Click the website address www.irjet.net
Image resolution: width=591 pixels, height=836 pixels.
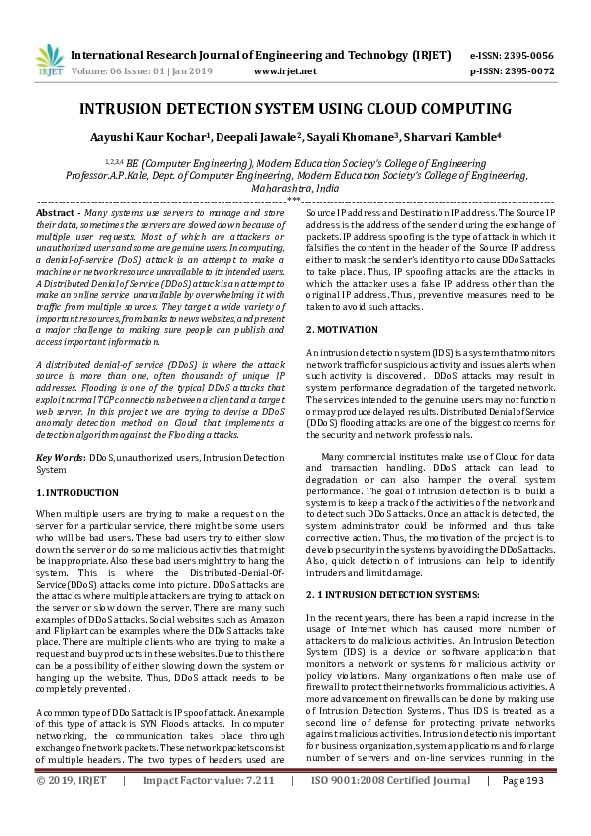click(x=285, y=72)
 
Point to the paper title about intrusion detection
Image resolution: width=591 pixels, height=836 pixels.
click(x=295, y=109)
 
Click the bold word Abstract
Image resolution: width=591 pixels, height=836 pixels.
click(x=58, y=213)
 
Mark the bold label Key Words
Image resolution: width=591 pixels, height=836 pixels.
click(x=59, y=456)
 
